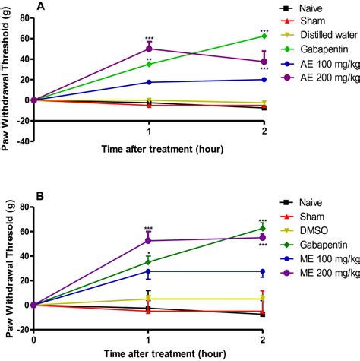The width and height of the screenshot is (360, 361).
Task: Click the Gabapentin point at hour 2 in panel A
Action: click(264, 36)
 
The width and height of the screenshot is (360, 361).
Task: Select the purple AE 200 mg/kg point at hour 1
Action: click(149, 49)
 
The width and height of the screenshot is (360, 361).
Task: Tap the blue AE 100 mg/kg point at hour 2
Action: click(264, 79)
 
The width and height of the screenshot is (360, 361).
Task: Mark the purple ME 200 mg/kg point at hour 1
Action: click(149, 241)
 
